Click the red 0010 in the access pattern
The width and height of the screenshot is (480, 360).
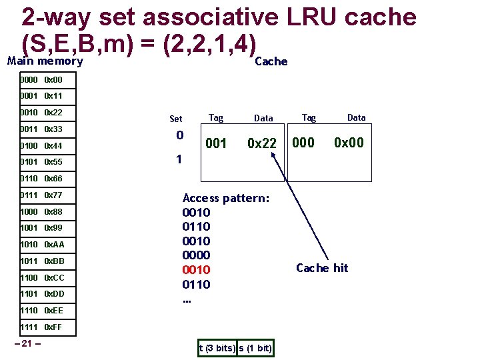point(196,270)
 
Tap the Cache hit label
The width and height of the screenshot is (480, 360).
point(322,268)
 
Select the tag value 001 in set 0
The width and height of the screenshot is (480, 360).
point(216,143)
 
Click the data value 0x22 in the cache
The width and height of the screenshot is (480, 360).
point(262,143)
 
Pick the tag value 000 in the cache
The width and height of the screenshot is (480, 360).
point(304,143)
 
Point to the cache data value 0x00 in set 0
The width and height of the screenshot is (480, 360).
point(349,143)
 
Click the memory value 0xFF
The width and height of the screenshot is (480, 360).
point(54,327)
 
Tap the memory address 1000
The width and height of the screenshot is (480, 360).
point(29,212)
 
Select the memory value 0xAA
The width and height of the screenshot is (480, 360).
point(54,245)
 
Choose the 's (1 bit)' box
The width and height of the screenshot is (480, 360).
point(255,348)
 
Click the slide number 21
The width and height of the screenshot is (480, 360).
point(28,343)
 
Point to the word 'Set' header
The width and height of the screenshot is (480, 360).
point(175,119)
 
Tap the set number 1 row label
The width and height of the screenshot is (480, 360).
point(178,160)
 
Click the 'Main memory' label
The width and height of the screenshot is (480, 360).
point(45,61)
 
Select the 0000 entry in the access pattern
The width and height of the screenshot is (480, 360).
point(196,255)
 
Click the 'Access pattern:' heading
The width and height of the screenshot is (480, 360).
point(226,198)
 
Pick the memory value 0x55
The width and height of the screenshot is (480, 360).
point(53,162)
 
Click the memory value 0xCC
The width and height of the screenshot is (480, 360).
point(54,278)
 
